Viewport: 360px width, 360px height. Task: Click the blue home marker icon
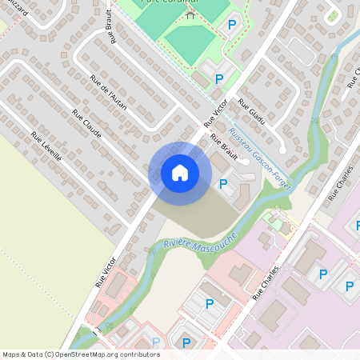click(x=179, y=173)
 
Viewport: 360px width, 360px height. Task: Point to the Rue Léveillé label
click(x=46, y=147)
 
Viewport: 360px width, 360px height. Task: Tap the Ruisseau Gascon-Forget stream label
click(x=258, y=156)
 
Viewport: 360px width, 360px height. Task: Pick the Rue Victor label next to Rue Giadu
click(x=216, y=114)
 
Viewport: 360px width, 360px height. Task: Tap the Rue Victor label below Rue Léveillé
click(x=107, y=272)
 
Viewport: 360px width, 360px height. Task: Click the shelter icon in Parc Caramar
click(x=190, y=13)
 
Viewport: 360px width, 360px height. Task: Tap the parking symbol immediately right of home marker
click(x=223, y=185)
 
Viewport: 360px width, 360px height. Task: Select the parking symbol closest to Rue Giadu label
click(x=219, y=78)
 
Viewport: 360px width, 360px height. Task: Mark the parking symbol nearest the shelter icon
click(x=232, y=26)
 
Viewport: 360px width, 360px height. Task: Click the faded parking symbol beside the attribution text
click(x=157, y=342)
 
